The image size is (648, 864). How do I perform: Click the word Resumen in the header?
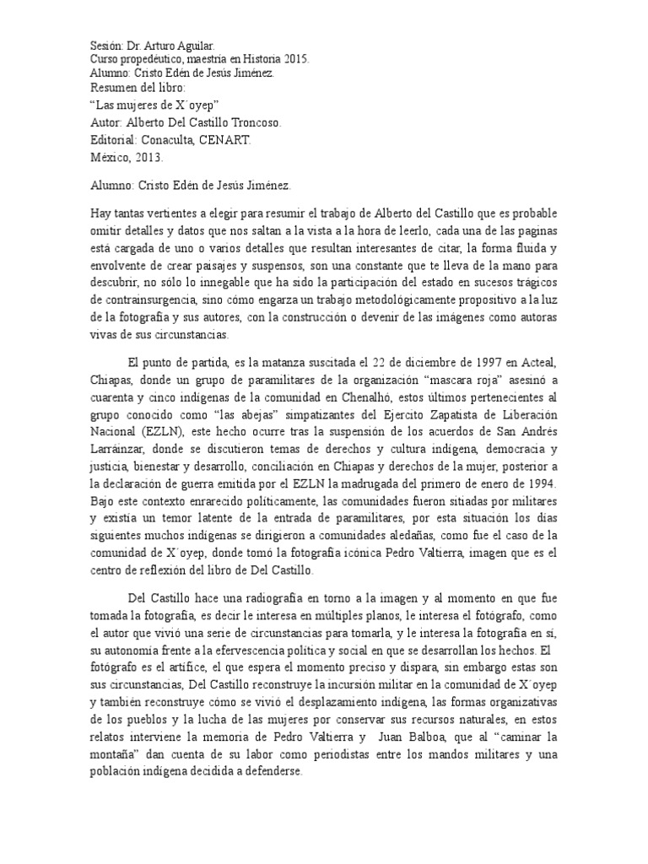tap(111, 88)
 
